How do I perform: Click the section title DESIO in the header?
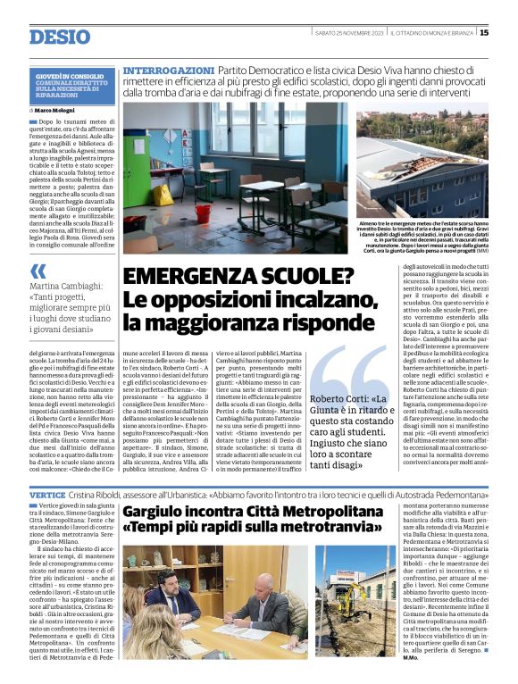coord(60,37)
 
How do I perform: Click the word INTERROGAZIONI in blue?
coord(169,70)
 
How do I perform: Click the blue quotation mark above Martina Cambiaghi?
coord(38,271)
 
